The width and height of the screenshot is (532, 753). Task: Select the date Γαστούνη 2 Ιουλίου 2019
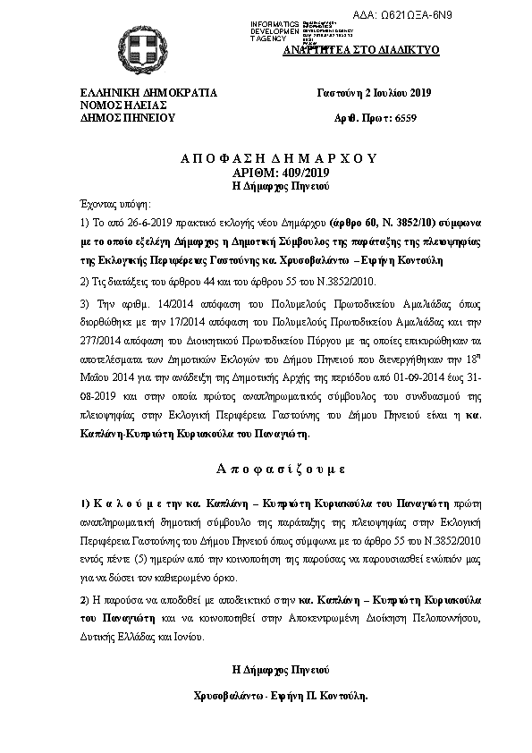[374, 93]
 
